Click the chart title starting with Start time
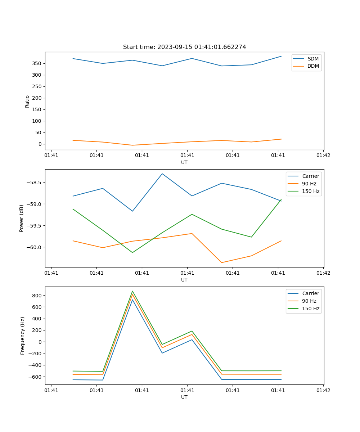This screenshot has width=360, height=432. [184, 47]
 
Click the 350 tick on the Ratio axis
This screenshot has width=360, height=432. [38, 63]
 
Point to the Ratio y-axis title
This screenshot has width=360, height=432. [27, 101]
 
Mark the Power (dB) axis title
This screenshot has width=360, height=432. [22, 218]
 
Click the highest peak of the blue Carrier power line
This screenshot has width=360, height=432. [162, 174]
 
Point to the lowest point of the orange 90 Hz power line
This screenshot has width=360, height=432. [221, 262]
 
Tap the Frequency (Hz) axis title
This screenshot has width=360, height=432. [23, 336]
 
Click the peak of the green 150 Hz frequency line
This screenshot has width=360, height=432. [132, 291]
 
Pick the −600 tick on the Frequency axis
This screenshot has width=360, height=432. [36, 377]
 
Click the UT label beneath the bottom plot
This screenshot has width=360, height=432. [184, 397]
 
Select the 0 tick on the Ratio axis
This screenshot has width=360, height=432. [41, 144]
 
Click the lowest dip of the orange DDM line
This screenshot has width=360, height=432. [132, 145]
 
